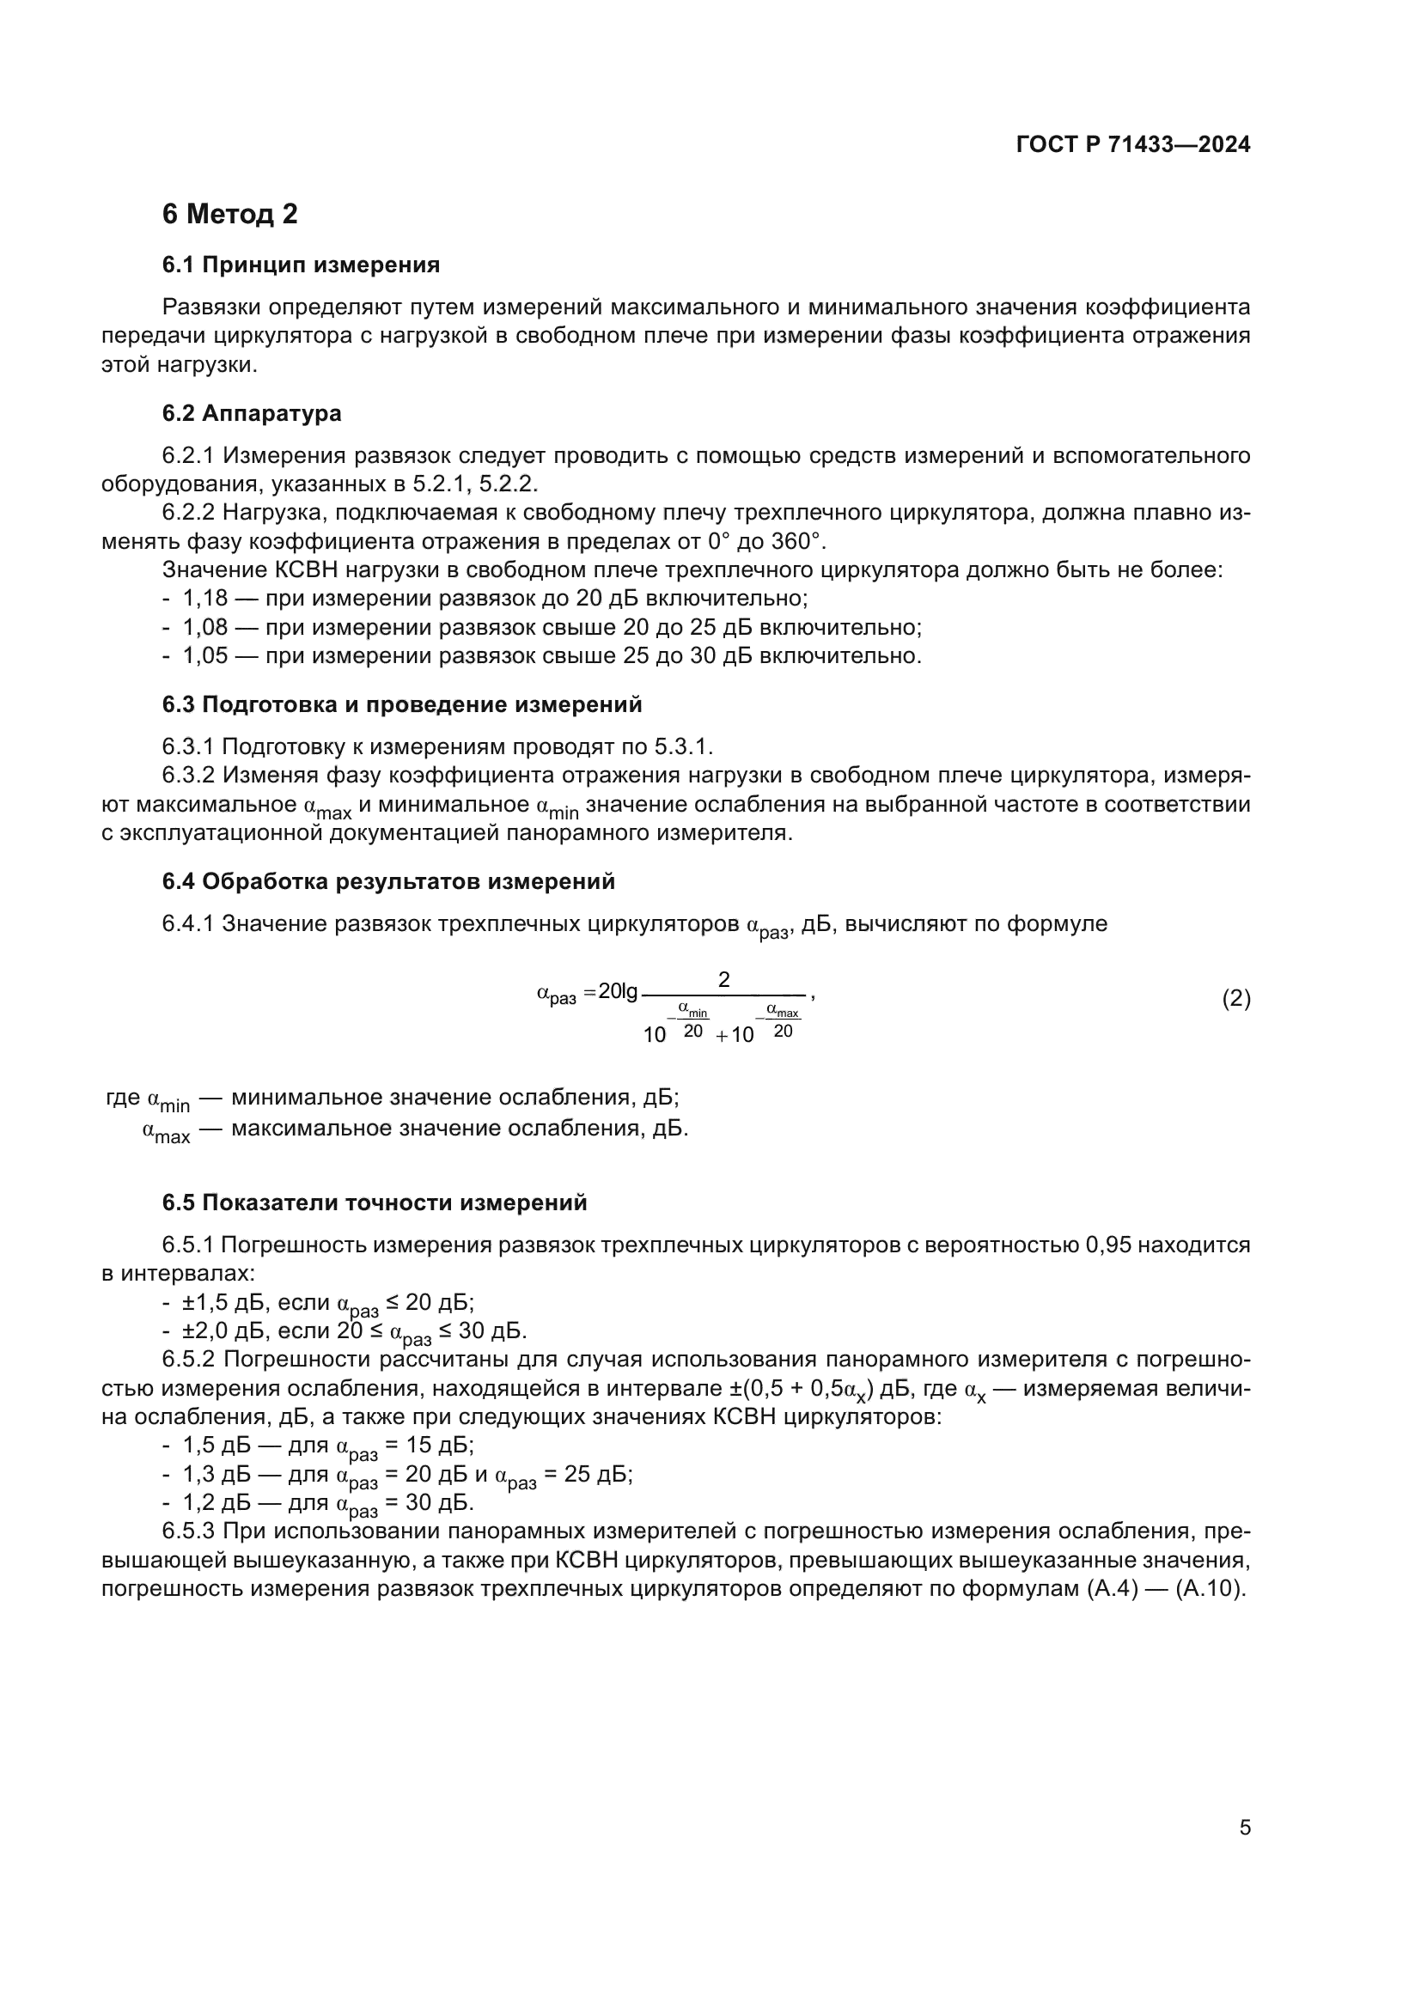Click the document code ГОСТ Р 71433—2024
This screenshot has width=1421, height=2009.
coord(1132,145)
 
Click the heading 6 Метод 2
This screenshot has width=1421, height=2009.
coord(229,215)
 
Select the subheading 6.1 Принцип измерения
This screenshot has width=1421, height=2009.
coord(300,265)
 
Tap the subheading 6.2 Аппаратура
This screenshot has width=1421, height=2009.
coord(251,413)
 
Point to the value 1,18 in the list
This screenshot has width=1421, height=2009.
coord(204,600)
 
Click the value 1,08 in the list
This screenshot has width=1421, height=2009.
coord(204,628)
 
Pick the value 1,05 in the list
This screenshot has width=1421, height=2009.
coord(204,656)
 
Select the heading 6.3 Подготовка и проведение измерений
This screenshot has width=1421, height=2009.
coord(401,704)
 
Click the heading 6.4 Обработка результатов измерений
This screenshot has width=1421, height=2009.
coord(387,882)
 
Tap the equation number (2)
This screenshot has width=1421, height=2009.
coord(1235,998)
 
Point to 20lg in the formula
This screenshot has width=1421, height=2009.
coord(618,991)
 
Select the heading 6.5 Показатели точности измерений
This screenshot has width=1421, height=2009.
coord(374,1203)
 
